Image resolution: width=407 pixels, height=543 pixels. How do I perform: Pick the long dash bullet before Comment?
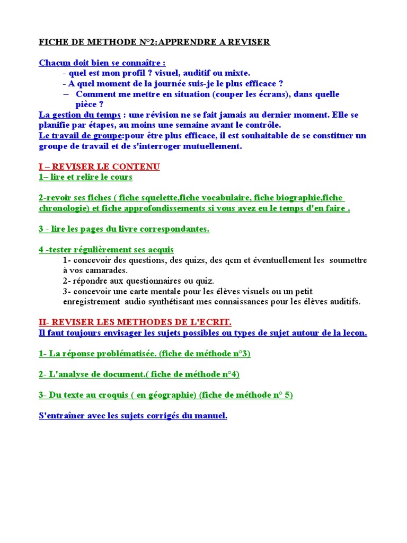coord(66,94)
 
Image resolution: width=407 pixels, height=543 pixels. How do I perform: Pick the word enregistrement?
coord(92,302)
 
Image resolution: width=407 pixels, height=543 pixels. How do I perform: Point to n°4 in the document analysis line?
coord(227,374)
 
